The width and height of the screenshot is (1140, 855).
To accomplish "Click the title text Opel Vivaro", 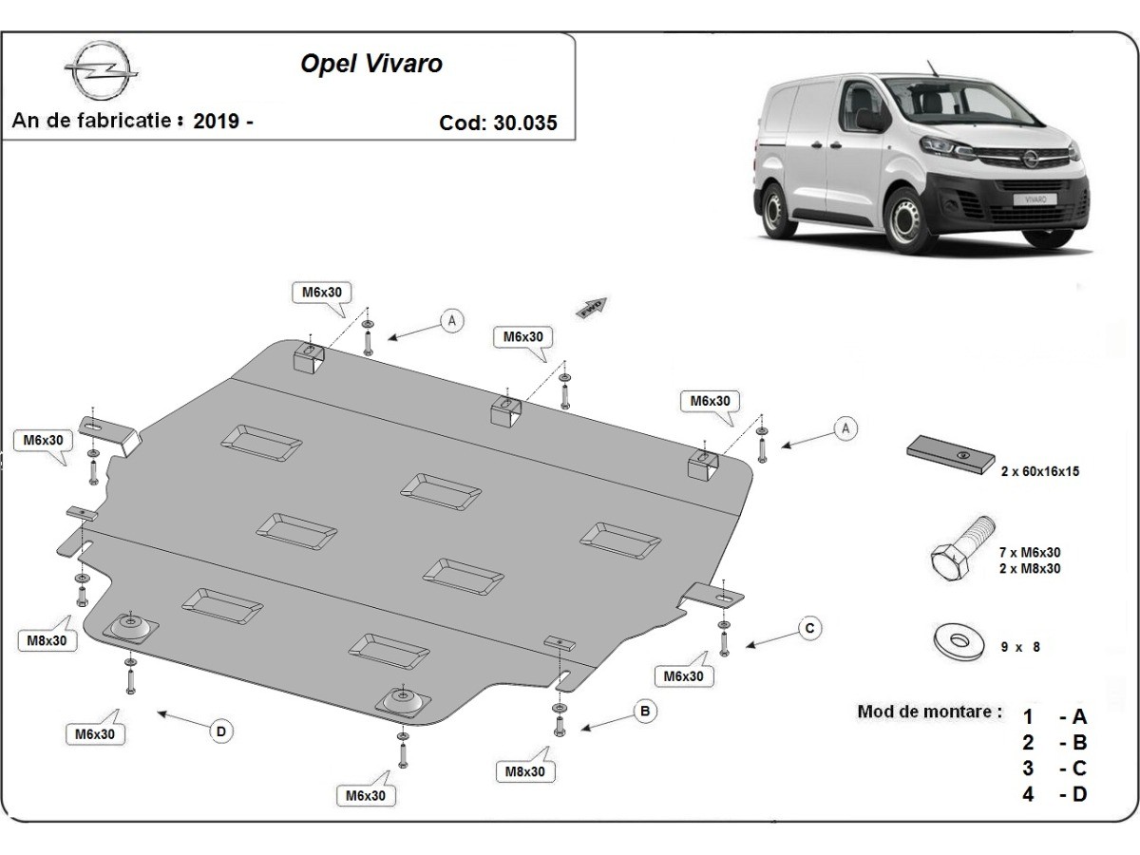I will coord(371,64).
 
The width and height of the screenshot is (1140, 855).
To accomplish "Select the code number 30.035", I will coord(525,123).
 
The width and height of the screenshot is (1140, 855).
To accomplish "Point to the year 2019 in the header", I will coord(216,122).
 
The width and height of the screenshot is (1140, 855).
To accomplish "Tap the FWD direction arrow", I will coord(591,307).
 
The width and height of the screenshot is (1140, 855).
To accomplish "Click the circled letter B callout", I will coord(644,710).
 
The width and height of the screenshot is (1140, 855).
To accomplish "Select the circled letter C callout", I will coord(808,628).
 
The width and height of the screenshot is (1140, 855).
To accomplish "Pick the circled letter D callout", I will coord(220,731).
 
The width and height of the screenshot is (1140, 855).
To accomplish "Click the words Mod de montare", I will coord(929,711).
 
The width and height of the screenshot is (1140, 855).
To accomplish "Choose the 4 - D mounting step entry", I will coord(1054,793).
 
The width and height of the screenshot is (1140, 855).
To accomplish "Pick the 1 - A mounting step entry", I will coord(1054,717).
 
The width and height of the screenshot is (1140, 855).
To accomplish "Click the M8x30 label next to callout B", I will coord(525,771).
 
